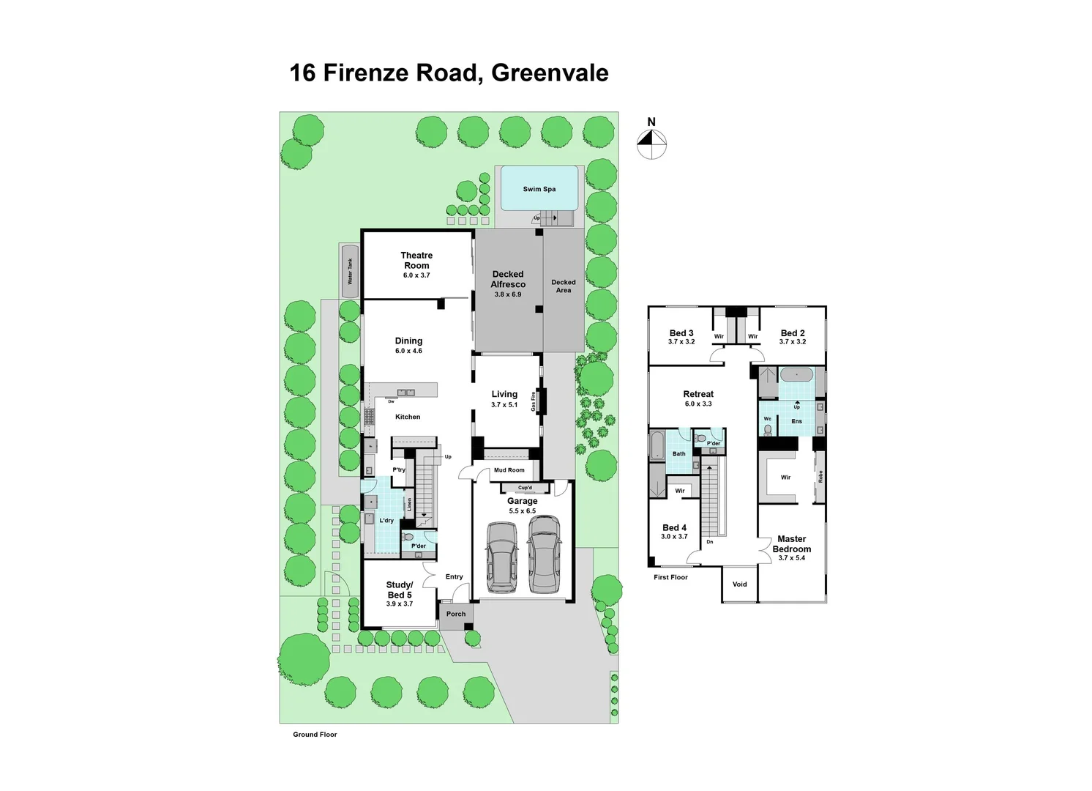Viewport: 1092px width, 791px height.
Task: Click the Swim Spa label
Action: pyautogui.click(x=539, y=189)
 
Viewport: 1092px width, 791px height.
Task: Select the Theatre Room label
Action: pyautogui.click(x=416, y=260)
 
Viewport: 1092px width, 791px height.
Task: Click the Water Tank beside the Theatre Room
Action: pyautogui.click(x=351, y=271)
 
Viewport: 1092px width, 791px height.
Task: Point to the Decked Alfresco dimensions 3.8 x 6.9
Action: pyautogui.click(x=508, y=294)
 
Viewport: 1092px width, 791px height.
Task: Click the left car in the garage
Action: pyautogui.click(x=501, y=557)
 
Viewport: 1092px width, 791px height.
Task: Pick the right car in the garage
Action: pyautogui.click(x=544, y=554)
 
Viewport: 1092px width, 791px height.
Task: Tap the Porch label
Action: pyautogui.click(x=456, y=614)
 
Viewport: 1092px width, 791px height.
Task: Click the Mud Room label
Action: pyautogui.click(x=509, y=470)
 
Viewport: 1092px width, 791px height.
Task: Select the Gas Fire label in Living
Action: pyautogui.click(x=534, y=401)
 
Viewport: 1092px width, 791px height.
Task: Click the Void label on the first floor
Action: pyautogui.click(x=740, y=584)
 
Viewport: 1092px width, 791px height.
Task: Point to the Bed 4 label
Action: pyautogui.click(x=674, y=527)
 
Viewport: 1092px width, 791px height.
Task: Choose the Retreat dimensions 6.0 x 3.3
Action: pyautogui.click(x=698, y=404)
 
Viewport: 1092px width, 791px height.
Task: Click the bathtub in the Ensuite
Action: pyautogui.click(x=796, y=375)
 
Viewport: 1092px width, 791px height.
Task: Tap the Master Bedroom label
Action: pyautogui.click(x=792, y=543)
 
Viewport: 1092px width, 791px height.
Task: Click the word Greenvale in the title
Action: pyautogui.click(x=550, y=73)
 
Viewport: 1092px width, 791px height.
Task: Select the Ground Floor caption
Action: pyautogui.click(x=315, y=735)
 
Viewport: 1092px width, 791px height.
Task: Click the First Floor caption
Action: pyautogui.click(x=670, y=577)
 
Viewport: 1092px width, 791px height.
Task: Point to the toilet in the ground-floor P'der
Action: pyautogui.click(x=408, y=537)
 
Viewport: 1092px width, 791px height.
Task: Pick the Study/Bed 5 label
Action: pyautogui.click(x=400, y=590)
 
